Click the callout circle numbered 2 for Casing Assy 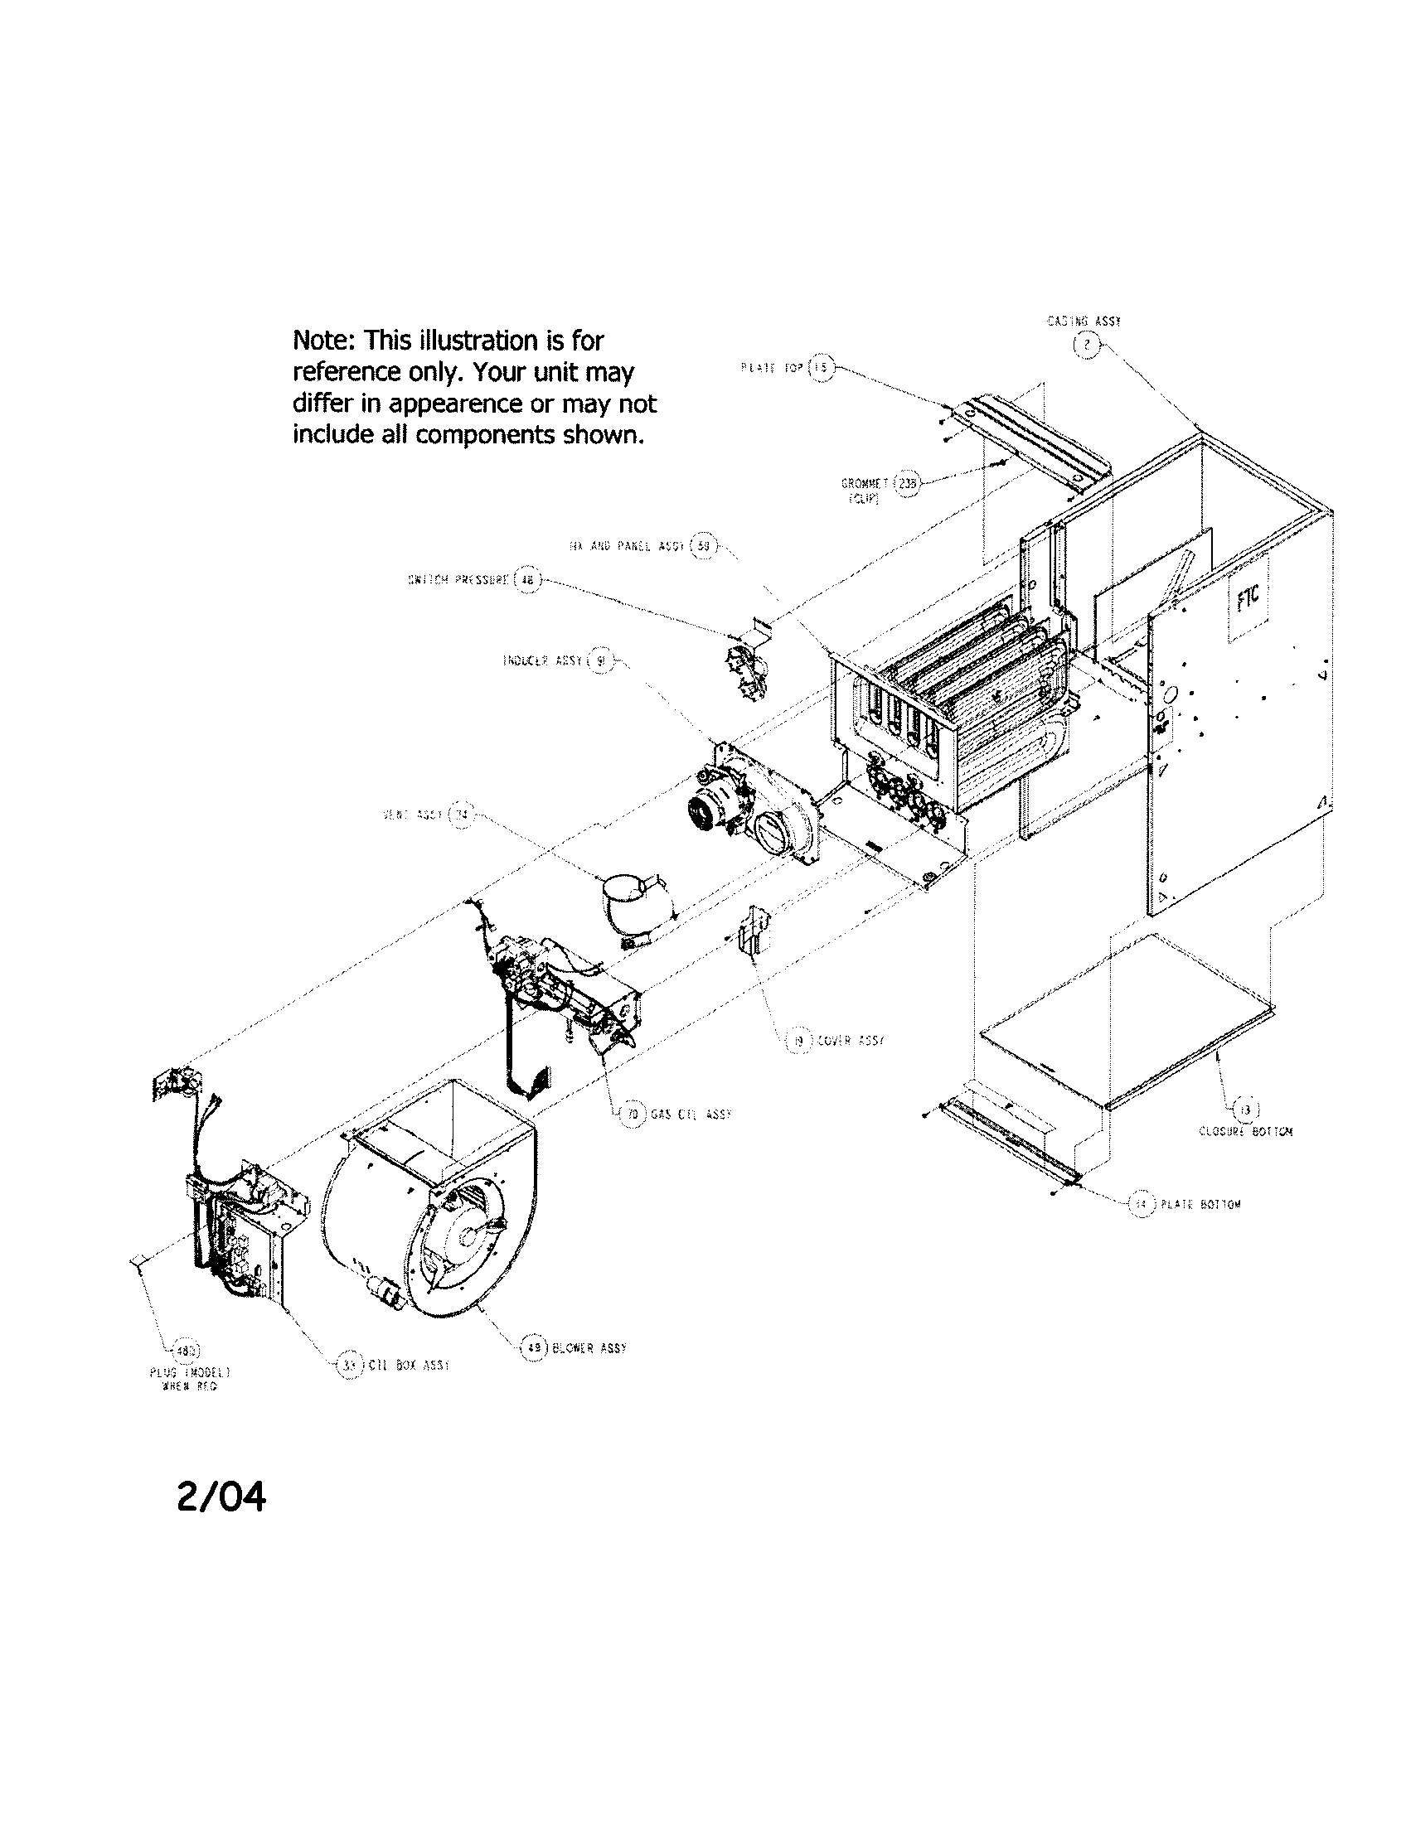coord(1086,346)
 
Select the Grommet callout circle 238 coord(906,483)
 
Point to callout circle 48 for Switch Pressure coord(526,580)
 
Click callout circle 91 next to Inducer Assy coord(601,661)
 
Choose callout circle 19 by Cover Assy coord(799,1041)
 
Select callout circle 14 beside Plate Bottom coord(1142,1205)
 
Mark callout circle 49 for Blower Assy coord(532,1347)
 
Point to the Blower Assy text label coord(589,1348)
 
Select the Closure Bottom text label coord(1245,1132)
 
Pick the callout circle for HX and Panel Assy coord(703,545)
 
